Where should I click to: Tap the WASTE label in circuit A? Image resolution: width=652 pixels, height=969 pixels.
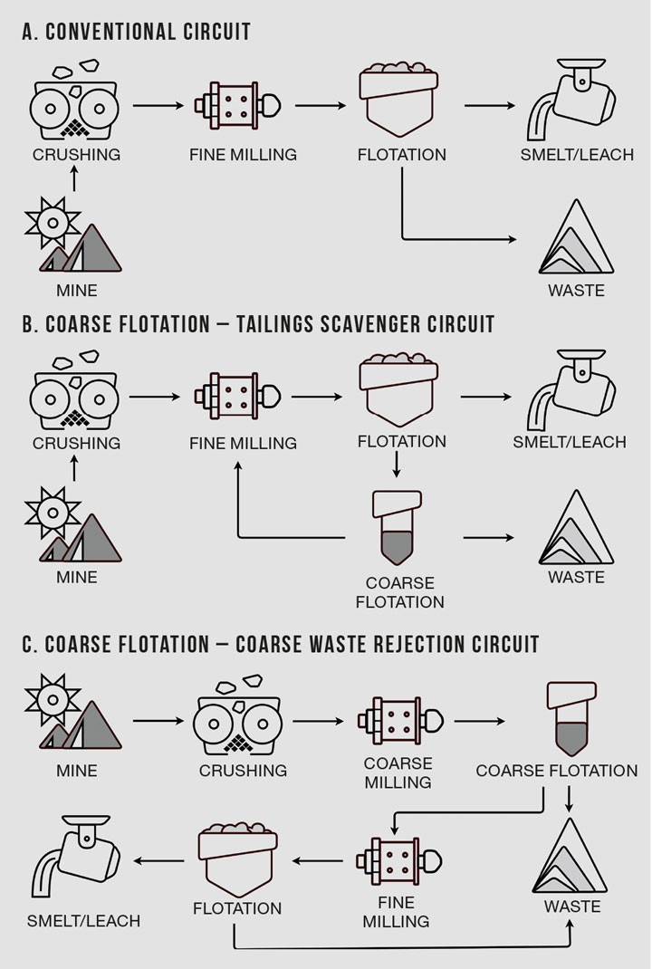pos(576,291)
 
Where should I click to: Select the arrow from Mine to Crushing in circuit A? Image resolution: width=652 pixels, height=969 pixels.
pos(74,180)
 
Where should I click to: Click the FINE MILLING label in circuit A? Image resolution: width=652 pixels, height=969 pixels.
pos(243,155)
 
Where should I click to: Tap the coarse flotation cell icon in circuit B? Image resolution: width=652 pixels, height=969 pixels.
pos(397,528)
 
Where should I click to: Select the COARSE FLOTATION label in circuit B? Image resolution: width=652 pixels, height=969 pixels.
pos(400,592)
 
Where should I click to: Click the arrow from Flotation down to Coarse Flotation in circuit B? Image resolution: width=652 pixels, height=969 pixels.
pos(397,465)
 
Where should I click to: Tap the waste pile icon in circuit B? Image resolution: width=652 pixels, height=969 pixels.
pos(576,527)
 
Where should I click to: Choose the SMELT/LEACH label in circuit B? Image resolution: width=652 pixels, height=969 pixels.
pos(570,443)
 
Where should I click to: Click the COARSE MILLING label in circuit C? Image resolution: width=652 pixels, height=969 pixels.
pos(398,773)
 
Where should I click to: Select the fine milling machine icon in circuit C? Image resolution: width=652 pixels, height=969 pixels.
pos(399,861)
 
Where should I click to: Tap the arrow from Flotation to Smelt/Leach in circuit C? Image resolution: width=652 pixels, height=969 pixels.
pos(158,861)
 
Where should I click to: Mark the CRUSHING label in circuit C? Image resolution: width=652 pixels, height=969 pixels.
pos(243,771)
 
